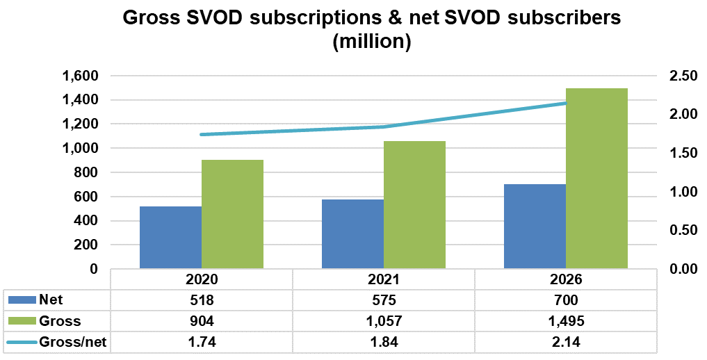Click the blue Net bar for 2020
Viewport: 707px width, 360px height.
point(170,238)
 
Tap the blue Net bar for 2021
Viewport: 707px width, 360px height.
point(352,234)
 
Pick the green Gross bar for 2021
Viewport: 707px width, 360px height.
point(414,205)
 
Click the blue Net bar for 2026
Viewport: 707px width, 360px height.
point(535,227)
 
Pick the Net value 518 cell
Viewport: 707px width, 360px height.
point(201,300)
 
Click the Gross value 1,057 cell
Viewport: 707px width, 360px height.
point(383,321)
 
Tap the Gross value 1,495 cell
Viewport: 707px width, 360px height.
point(565,321)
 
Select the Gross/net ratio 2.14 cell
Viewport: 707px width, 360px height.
point(565,342)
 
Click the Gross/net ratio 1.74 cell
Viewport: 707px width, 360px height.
point(201,342)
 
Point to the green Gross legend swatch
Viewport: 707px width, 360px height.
point(21,321)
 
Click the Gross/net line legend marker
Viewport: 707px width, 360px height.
point(21,342)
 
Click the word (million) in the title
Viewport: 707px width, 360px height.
point(372,42)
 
